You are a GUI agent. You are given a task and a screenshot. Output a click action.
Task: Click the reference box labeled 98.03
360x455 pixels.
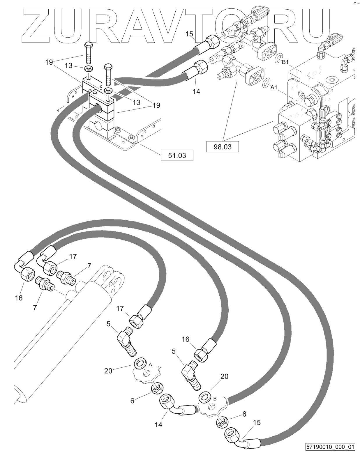(x=223, y=147)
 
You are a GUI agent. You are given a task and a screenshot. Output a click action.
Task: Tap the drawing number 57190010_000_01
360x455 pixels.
(x=331, y=447)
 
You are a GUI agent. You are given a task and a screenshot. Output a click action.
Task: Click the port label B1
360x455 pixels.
(x=285, y=62)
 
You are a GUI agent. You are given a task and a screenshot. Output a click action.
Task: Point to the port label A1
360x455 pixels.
(x=274, y=87)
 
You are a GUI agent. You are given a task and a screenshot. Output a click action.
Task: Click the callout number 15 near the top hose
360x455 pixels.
(x=189, y=34)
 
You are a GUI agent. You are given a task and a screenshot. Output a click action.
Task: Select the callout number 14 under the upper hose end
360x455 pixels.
(x=197, y=91)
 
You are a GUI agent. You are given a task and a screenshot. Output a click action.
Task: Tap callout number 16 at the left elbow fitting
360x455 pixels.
(x=19, y=298)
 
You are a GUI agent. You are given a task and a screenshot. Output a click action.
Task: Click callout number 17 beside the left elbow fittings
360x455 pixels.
(x=73, y=256)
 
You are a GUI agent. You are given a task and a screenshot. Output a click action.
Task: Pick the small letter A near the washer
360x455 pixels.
(x=150, y=364)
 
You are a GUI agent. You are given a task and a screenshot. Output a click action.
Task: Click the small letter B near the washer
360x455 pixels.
(x=215, y=399)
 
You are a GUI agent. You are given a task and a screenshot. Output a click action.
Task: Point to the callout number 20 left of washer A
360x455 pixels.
(x=108, y=371)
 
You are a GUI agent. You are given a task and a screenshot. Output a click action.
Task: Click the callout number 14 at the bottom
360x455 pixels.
(x=158, y=425)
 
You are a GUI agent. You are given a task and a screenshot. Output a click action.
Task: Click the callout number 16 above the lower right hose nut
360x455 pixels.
(x=186, y=339)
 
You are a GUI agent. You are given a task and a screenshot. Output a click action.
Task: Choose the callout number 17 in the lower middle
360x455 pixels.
(x=120, y=309)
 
